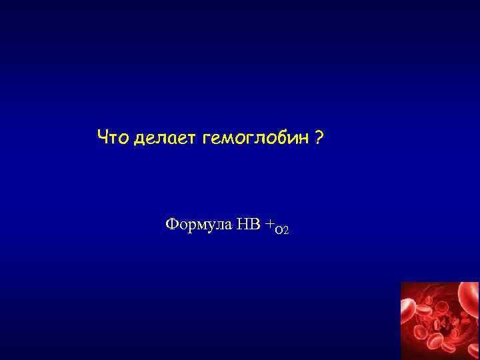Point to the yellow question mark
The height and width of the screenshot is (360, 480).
tap(319, 137)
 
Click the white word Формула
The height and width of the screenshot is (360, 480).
tap(198, 224)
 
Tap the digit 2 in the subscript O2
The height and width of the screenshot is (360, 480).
tap(285, 231)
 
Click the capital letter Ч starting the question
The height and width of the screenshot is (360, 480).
tap(102, 137)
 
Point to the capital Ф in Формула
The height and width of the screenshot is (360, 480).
tap(171, 224)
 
